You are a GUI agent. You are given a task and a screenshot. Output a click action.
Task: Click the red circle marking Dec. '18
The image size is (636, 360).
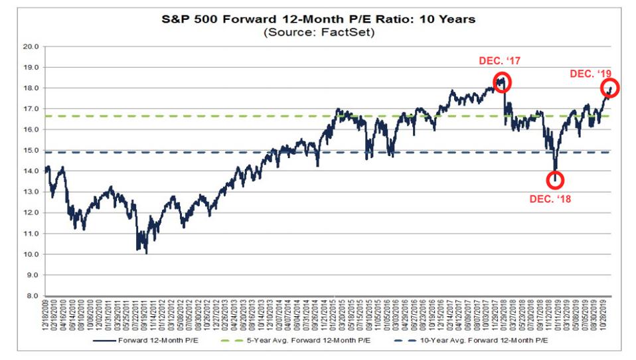556,180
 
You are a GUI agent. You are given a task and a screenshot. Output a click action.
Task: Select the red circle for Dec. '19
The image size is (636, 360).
609,88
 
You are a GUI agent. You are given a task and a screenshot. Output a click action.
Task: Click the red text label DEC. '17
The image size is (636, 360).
500,61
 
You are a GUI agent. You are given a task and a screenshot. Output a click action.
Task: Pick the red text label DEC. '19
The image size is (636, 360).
590,74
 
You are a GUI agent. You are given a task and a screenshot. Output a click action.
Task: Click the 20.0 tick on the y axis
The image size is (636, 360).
31,46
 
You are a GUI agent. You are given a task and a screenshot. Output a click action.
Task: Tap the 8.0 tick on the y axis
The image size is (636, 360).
33,296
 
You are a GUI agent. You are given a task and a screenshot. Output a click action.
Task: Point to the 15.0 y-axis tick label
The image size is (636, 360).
31,150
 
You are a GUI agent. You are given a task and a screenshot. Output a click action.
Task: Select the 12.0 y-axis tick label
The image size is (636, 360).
31,213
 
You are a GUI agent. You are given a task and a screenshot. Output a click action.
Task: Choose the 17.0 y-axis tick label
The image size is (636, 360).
31,109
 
